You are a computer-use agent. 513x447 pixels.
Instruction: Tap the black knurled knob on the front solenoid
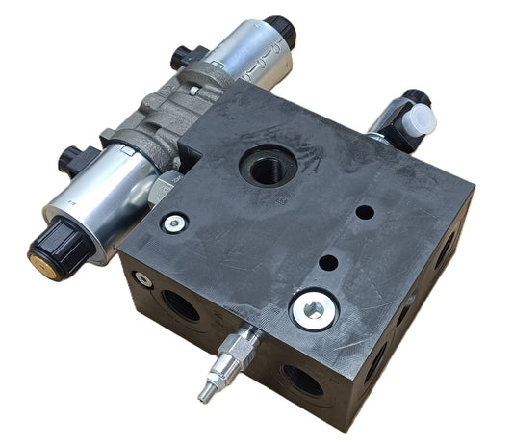tap(55, 242)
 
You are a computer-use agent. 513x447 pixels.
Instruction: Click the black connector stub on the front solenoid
tap(71, 155)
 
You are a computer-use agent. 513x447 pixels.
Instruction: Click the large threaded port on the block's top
tap(264, 166)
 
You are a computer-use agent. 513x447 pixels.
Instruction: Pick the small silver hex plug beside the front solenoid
tap(175, 223)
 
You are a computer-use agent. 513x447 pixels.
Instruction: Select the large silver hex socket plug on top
tap(313, 308)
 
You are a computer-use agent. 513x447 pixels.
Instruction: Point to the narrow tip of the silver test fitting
tap(205, 395)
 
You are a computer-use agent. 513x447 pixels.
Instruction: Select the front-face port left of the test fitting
tap(182, 303)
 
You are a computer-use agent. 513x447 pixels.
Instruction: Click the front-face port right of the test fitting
tap(301, 378)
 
